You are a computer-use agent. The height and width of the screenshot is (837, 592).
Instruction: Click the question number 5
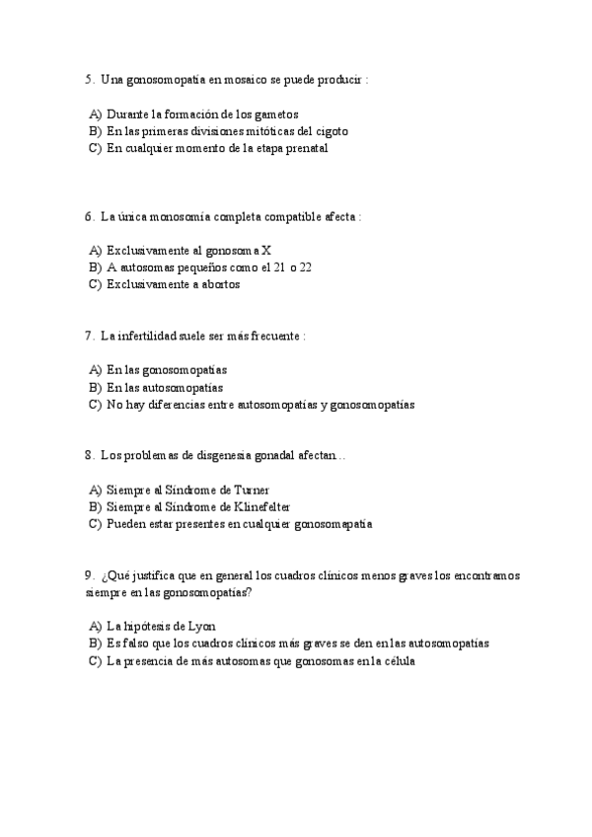[x=89, y=79]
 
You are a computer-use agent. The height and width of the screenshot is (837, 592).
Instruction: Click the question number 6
[x=89, y=216]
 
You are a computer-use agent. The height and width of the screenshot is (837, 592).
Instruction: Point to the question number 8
[x=89, y=455]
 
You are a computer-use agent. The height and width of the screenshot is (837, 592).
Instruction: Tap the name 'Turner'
[x=251, y=489]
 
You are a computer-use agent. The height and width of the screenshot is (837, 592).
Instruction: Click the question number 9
[x=89, y=574]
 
